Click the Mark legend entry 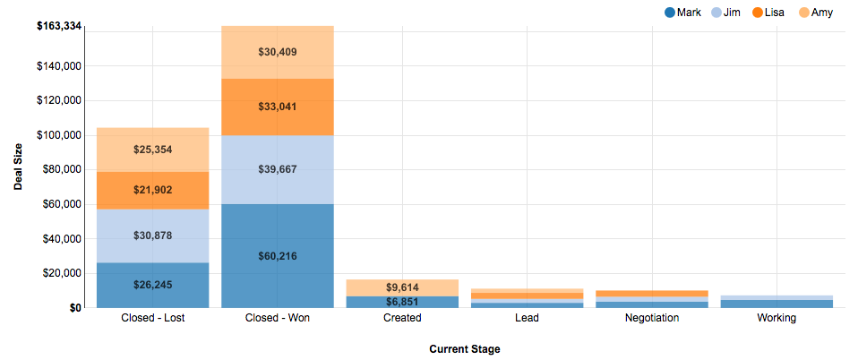[682, 13]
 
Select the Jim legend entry [725, 13]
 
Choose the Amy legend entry [814, 13]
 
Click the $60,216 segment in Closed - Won [278, 256]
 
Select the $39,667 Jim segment [278, 169]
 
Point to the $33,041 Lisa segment [278, 107]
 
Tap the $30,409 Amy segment [278, 52]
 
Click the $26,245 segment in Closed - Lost [152, 285]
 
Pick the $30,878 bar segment [152, 236]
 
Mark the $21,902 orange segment [152, 190]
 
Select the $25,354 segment [152, 150]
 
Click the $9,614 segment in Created [402, 287]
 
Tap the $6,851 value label [402, 301]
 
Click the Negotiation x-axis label [652, 318]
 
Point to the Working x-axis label [776, 318]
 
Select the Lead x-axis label [527, 318]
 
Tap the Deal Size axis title [18, 167]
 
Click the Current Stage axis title [464, 348]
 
